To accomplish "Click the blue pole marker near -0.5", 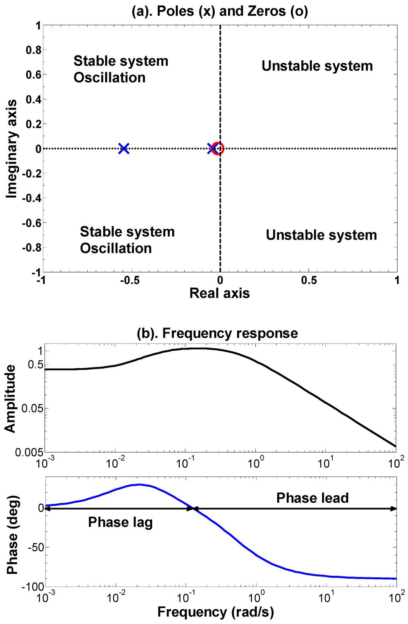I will pos(124,149).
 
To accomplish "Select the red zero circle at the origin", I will pos(218,149).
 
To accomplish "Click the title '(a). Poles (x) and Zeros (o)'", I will pos(220,11).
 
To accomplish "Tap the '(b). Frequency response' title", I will pos(217,333).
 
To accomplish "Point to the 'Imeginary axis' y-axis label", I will pos(12,149).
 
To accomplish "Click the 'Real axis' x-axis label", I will pos(220,293).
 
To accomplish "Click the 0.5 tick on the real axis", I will pos(309,281).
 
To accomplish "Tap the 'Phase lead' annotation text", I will pos(312,498).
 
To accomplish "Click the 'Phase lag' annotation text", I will pos(120,522).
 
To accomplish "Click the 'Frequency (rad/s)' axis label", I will pos(216,612).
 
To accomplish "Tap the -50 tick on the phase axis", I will pos(35,547).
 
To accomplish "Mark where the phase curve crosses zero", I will pos(193,508).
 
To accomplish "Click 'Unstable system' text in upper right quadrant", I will pos(317,66).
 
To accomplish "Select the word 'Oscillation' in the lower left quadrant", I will pos(116,248).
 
